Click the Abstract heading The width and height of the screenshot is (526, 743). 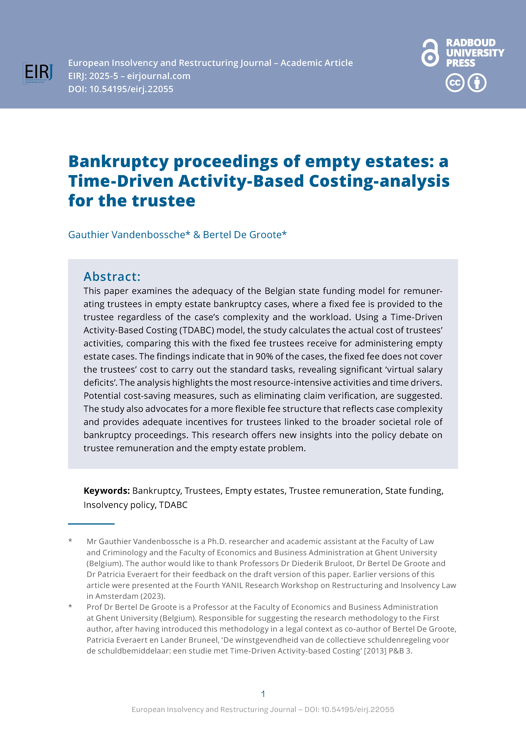coord(112,277)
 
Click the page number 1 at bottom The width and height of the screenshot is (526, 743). coord(263,694)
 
